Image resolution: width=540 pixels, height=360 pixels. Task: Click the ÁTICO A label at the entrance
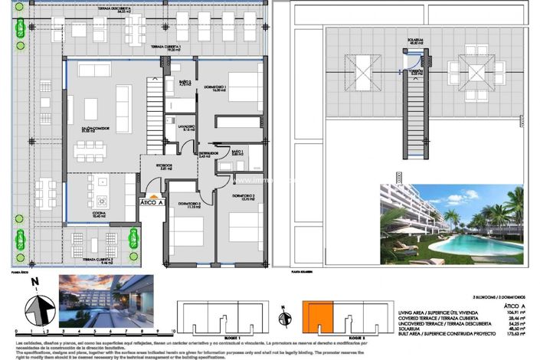[152, 202]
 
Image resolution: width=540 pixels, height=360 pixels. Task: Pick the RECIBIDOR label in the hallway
[156, 166]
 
